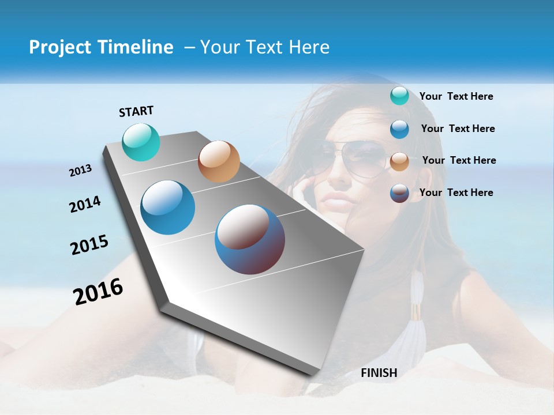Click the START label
pos(136,111)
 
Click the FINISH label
pos(379,373)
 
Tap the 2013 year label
pos(81,170)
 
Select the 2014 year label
pos(85,204)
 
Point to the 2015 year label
pos(89,245)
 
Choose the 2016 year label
pos(98,291)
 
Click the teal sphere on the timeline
pos(141,142)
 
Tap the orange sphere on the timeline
pos(219,161)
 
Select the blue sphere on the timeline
pos(168,207)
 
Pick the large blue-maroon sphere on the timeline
pos(250,239)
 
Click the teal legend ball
pos(399,96)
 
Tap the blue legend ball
pos(399,129)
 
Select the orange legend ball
pos(399,161)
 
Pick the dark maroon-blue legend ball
pos(399,193)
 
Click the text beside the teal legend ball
pos(456,96)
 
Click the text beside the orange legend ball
pos(459,160)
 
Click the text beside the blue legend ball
pos(458,129)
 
